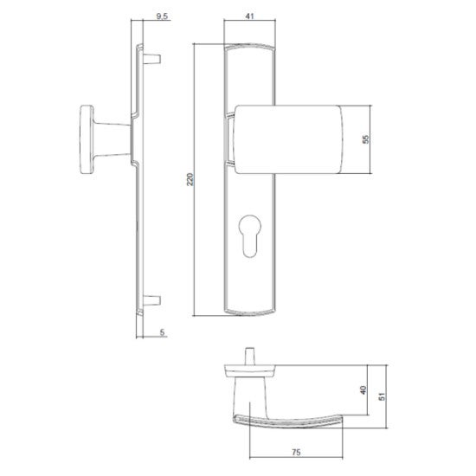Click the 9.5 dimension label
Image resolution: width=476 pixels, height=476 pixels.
pyautogui.click(x=162, y=16)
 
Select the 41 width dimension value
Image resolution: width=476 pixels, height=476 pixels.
pyautogui.click(x=249, y=16)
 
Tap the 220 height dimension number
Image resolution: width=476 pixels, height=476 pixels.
pyautogui.click(x=190, y=179)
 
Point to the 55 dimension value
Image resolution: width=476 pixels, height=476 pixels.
pyautogui.click(x=366, y=139)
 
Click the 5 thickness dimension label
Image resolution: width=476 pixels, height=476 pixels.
pyautogui.click(x=162, y=332)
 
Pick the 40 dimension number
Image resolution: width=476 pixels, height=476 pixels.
pyautogui.click(x=363, y=390)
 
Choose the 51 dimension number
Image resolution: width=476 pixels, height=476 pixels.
pyautogui.click(x=382, y=396)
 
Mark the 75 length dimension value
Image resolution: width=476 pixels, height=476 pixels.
pyautogui.click(x=296, y=453)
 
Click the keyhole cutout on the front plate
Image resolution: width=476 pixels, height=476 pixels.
pyautogui.click(x=250, y=236)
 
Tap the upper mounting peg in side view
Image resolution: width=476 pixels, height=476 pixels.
pyautogui.click(x=151, y=59)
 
